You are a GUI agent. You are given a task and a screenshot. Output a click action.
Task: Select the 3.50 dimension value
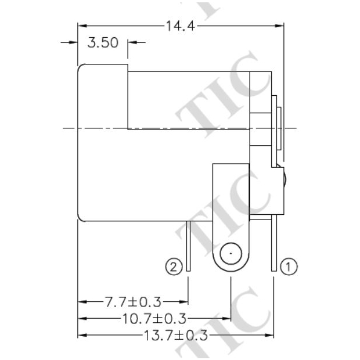103,43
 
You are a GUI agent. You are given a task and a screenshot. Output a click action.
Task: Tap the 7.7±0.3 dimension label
133,302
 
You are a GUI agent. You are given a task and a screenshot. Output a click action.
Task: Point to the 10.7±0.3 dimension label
154,319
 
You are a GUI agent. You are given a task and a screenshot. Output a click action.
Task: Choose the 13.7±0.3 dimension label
175,336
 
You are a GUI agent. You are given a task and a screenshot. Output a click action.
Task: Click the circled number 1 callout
289,267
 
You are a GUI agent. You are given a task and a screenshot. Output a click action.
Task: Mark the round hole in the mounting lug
231,255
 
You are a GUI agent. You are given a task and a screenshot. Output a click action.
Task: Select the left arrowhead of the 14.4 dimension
83,26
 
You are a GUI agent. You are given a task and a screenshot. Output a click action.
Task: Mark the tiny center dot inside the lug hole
231,254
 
